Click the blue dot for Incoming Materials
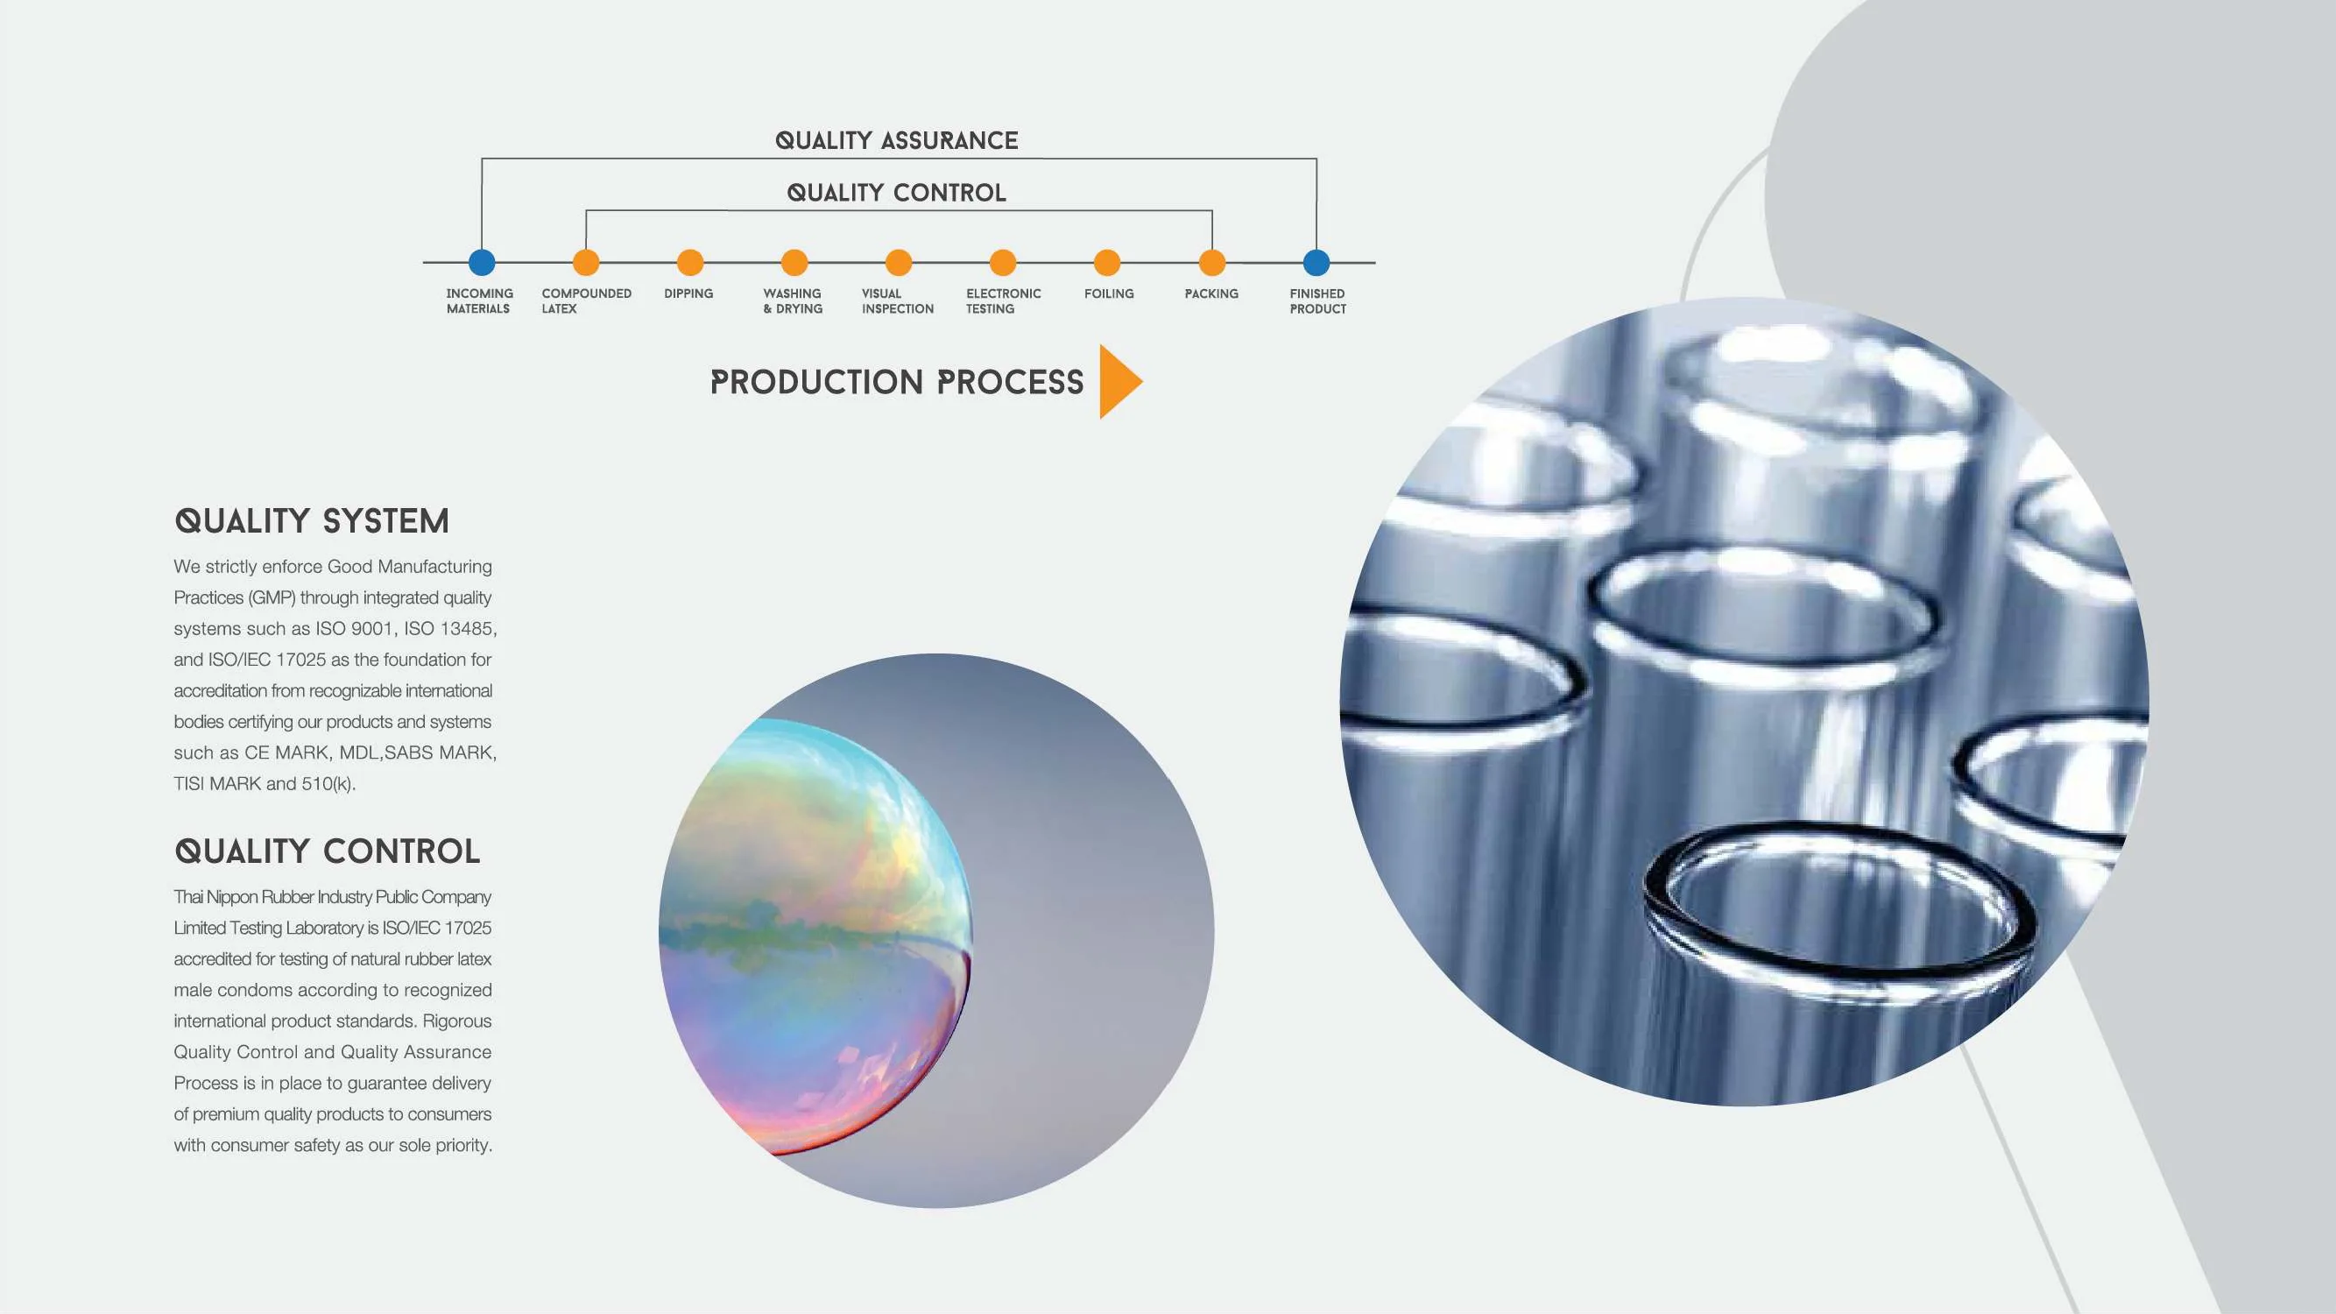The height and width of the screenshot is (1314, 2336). click(x=482, y=263)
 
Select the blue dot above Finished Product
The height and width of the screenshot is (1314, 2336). click(x=1316, y=263)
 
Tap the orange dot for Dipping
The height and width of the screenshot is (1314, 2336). click(x=690, y=263)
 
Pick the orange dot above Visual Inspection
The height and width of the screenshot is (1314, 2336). click(x=898, y=263)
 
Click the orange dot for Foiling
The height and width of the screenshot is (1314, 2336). click(x=1106, y=263)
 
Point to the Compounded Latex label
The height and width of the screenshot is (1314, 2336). click(x=586, y=301)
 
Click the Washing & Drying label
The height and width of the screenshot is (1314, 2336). click(x=793, y=301)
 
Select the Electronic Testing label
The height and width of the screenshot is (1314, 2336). click(x=1003, y=301)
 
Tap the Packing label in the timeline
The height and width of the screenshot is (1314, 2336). click(x=1210, y=293)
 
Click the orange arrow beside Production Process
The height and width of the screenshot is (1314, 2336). click(x=1119, y=382)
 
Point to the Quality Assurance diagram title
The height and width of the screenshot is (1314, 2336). click(x=896, y=140)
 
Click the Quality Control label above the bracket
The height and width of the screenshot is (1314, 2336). click(x=896, y=192)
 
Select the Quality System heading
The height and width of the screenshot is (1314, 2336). click(x=312, y=521)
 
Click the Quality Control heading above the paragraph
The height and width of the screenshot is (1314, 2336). click(x=328, y=851)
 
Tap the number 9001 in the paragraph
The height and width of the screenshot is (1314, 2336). click(x=371, y=628)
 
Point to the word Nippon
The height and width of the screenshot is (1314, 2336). click(x=232, y=897)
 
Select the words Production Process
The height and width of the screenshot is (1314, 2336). click(x=896, y=383)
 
